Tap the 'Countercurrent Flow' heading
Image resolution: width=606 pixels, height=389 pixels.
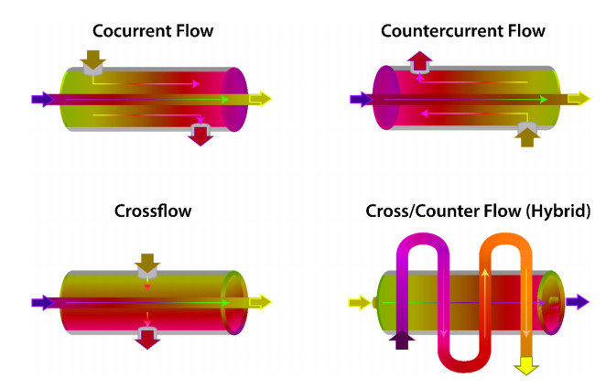tap(462, 31)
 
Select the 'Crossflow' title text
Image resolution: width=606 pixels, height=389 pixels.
tap(153, 211)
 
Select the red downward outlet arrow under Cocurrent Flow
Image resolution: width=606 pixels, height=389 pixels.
tap(200, 137)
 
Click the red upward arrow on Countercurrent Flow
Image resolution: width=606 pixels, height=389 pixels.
tap(420, 60)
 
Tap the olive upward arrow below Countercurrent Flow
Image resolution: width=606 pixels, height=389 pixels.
tap(528, 136)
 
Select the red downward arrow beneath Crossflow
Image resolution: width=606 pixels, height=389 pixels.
tap(146, 339)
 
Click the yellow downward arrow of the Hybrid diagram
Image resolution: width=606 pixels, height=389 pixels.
tap(526, 365)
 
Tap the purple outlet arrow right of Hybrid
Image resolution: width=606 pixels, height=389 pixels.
tap(578, 301)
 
